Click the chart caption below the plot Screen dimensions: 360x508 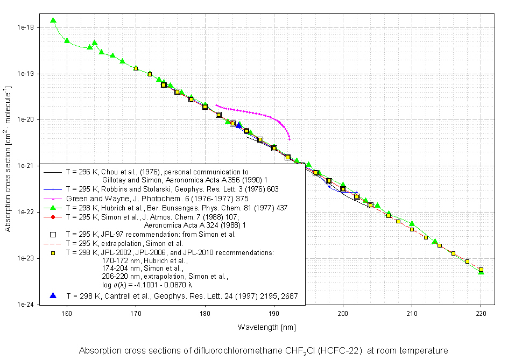tap(263, 351)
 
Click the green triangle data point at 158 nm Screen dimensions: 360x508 tap(53, 20)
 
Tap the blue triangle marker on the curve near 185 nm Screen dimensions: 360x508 tap(239, 125)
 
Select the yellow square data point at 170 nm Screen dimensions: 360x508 tap(136, 68)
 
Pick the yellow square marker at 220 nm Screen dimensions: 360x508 tap(481, 270)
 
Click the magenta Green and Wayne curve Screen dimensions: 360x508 tap(253, 114)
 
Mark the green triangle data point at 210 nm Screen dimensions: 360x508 tap(412, 223)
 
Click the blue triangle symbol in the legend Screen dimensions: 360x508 tap(53, 295)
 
